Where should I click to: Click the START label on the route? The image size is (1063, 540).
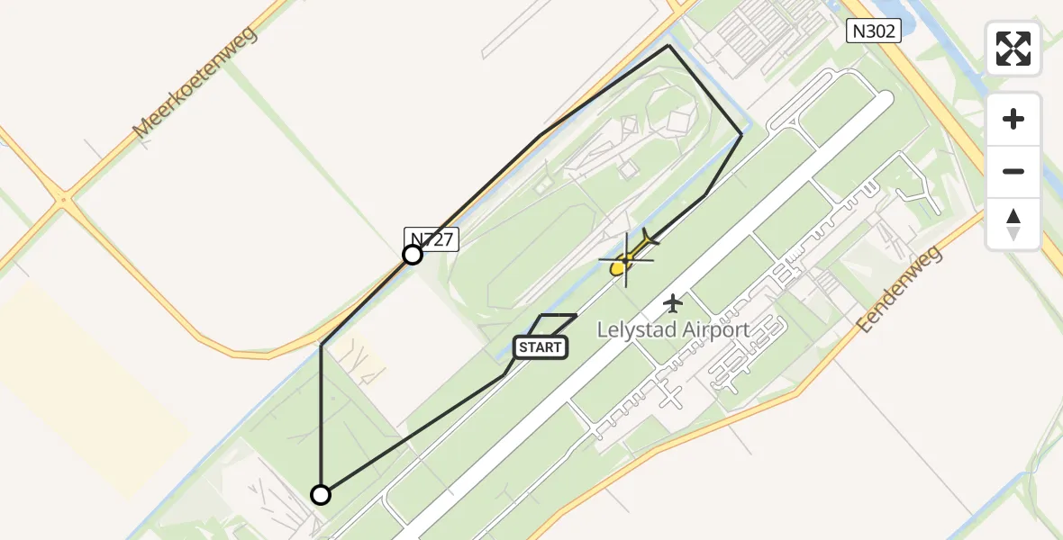(x=541, y=347)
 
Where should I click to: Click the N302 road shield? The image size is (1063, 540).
(x=874, y=31)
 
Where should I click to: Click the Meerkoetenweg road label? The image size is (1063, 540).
(x=195, y=82)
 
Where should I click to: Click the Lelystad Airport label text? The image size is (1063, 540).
(x=673, y=329)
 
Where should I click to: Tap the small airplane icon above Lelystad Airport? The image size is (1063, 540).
(x=673, y=303)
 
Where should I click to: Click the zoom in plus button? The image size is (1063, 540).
(x=1013, y=119)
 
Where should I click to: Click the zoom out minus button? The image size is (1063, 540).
(x=1013, y=171)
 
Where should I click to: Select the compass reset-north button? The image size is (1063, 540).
(x=1013, y=224)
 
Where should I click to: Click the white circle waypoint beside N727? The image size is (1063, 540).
(x=412, y=255)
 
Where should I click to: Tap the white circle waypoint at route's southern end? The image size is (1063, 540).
(x=321, y=494)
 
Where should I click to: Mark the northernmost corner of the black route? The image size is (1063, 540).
(x=668, y=45)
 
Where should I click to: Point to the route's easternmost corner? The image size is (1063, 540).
(x=741, y=134)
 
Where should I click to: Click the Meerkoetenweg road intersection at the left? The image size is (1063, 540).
(x=63, y=200)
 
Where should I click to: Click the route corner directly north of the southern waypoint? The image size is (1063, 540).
(x=322, y=345)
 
